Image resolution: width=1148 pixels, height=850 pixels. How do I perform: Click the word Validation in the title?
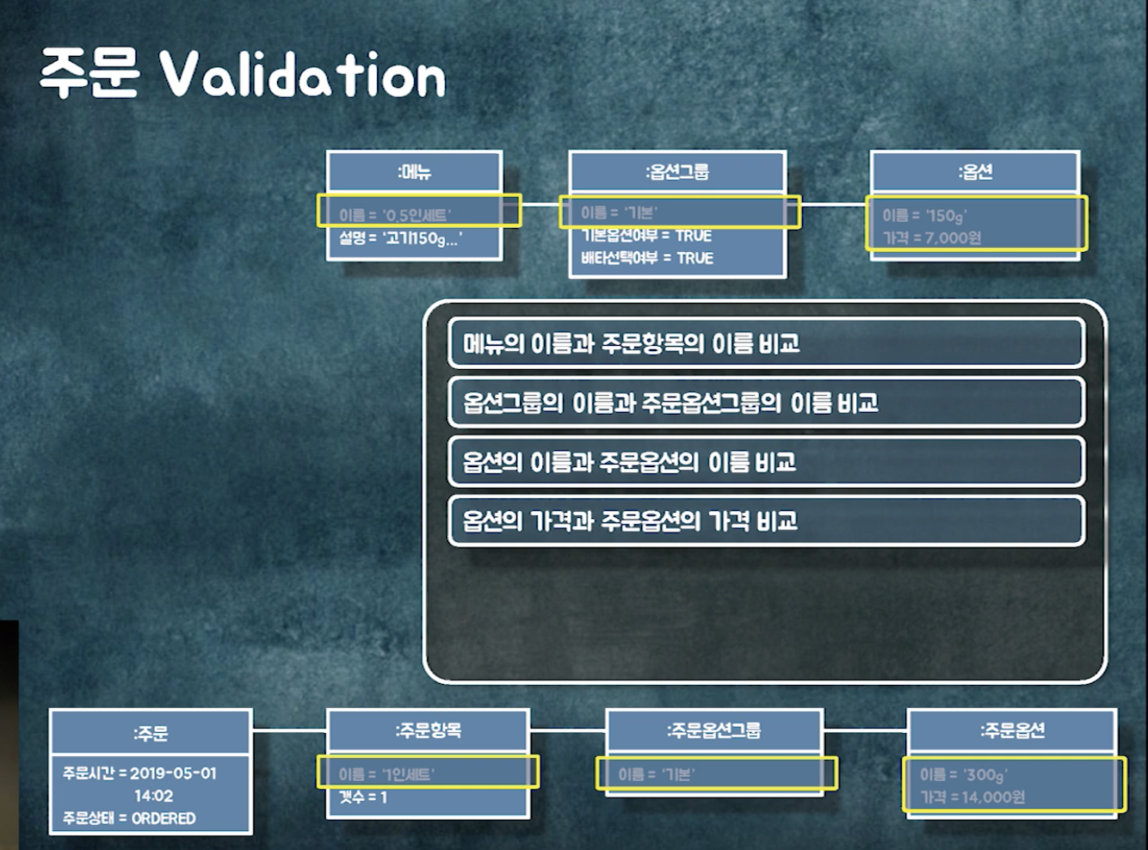coord(303,76)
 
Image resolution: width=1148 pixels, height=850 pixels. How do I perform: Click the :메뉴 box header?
coord(414,172)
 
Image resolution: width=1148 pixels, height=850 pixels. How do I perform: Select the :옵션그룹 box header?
coord(677,172)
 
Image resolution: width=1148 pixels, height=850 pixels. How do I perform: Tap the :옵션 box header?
coord(975,172)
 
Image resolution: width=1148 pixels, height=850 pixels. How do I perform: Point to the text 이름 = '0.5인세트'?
coord(394,215)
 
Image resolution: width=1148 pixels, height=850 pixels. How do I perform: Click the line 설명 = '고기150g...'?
coord(400,238)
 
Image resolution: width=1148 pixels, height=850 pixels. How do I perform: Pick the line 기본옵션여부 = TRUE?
coord(646,236)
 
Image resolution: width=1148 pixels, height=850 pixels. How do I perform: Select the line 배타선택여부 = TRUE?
coord(647,258)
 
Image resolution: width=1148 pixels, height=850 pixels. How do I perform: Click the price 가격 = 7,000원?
coord(932,237)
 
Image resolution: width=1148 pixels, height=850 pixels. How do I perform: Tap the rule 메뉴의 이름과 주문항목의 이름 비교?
coord(632,344)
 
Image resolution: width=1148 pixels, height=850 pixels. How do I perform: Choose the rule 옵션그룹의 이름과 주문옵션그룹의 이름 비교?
coord(670,403)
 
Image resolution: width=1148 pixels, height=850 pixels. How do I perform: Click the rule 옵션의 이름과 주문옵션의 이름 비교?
coord(629,462)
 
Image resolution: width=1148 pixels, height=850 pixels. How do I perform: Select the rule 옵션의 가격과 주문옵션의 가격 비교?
coord(630,520)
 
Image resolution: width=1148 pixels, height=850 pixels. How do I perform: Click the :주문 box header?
coord(151,734)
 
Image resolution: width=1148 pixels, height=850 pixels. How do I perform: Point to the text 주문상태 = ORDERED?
coord(129,818)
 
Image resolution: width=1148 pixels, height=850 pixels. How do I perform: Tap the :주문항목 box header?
coord(428,730)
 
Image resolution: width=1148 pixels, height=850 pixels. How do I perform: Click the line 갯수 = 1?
coord(363,798)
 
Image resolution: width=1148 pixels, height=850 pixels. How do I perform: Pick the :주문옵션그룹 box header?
coord(713,730)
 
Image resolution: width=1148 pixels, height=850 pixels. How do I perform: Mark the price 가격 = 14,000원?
coord(972,798)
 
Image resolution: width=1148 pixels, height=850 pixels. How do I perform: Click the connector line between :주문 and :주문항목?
coord(289,730)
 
